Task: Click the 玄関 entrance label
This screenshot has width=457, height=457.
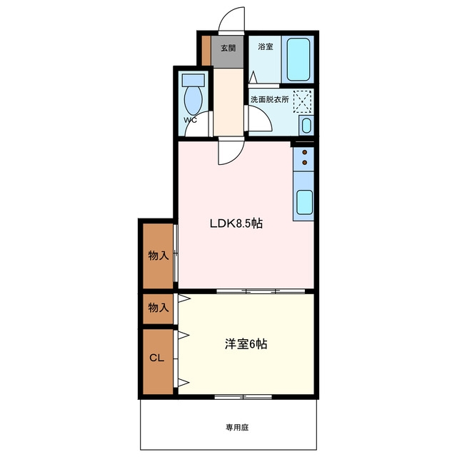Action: (228, 48)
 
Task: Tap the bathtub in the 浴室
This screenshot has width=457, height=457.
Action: (298, 59)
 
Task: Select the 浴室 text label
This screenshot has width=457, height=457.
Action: (265, 46)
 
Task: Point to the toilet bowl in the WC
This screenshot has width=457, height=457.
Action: (194, 100)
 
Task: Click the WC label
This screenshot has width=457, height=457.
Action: (190, 120)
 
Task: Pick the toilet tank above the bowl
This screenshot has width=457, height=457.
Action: (194, 79)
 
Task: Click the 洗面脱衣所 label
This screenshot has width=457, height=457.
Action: (270, 100)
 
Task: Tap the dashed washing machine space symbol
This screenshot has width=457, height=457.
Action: (303, 101)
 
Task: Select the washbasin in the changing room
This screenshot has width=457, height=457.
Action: (306, 126)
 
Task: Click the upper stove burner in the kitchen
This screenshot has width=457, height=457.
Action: (305, 152)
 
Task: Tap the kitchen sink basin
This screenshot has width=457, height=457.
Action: (305, 202)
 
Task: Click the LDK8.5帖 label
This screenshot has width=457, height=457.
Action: (236, 224)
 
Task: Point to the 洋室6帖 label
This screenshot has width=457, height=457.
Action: (246, 344)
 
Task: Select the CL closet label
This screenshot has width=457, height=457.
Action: (157, 358)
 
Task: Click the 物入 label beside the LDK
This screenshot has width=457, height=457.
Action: (159, 256)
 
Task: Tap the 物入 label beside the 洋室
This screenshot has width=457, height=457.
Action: (159, 308)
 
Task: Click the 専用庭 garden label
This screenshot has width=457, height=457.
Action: (237, 428)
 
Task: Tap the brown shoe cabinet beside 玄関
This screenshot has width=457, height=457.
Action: (206, 51)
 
